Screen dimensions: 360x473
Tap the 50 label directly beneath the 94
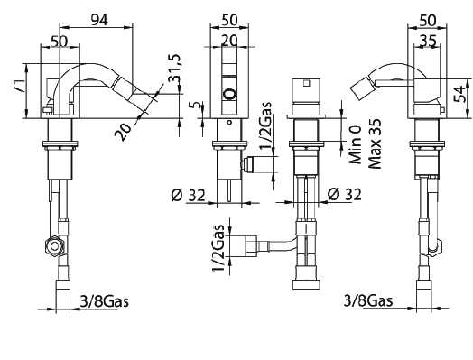(x=60, y=42)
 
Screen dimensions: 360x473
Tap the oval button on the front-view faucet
(x=229, y=94)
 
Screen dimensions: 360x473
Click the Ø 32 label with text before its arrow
(x=189, y=193)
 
